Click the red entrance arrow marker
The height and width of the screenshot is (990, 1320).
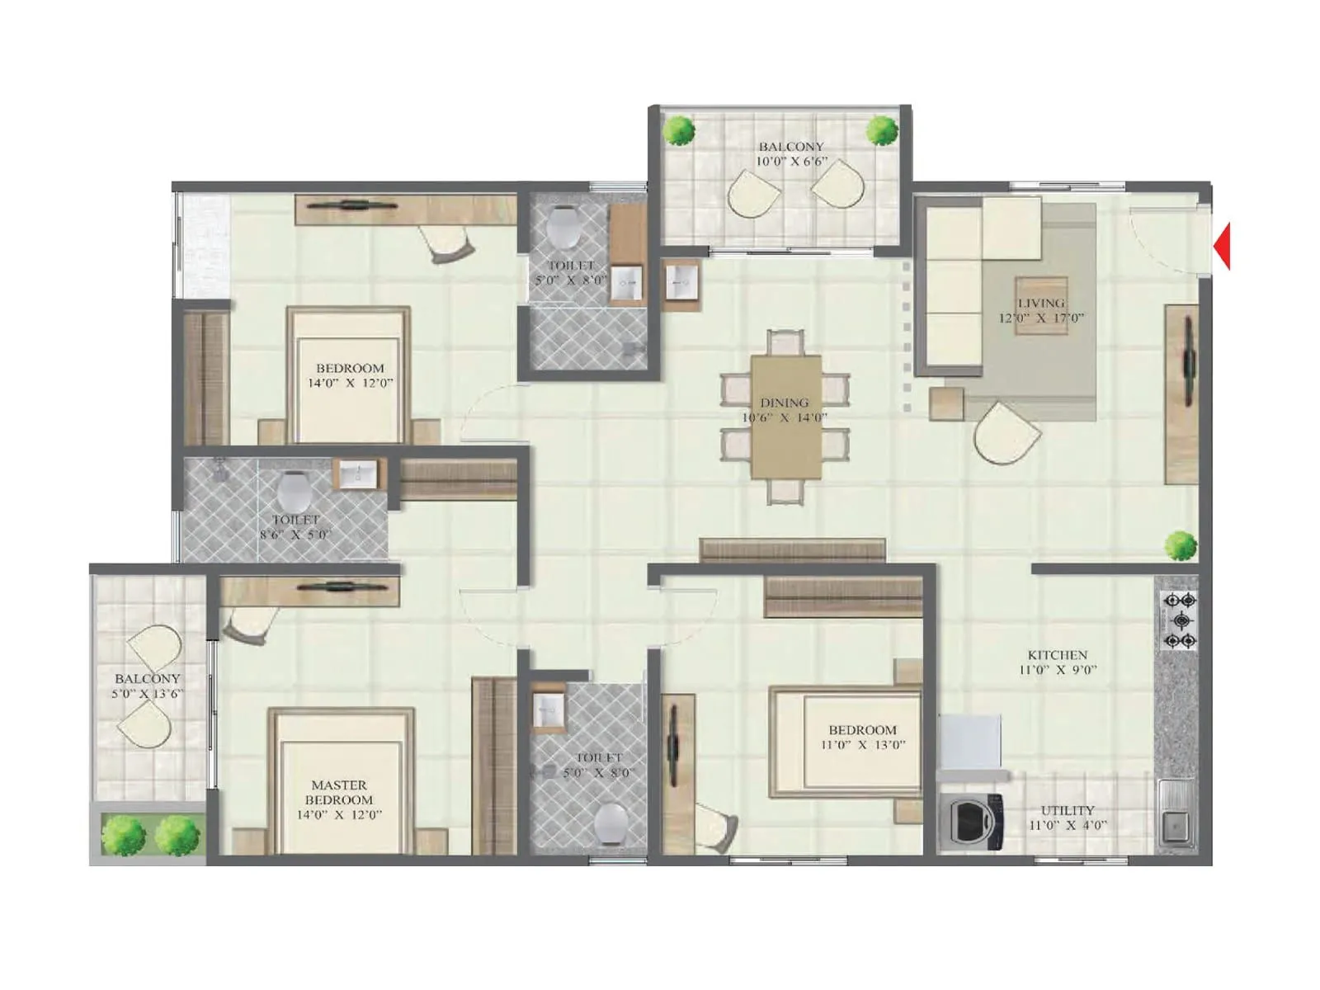[x=1223, y=246]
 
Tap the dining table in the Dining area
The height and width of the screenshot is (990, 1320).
[x=785, y=416]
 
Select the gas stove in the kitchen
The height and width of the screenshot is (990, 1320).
[x=1179, y=620]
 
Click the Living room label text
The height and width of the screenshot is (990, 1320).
[x=1040, y=303]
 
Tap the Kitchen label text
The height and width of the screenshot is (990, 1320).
[x=1057, y=655]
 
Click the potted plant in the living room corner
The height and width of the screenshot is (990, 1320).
[x=1181, y=545]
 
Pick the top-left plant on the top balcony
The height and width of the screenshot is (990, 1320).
[x=680, y=130]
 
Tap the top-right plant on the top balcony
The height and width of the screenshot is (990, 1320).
[x=882, y=130]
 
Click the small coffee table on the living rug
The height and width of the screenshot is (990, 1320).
[x=1041, y=305]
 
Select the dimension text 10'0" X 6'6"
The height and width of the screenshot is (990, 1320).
[x=791, y=162]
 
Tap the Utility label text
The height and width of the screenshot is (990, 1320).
[x=1067, y=810]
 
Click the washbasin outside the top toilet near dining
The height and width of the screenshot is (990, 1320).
[x=681, y=283]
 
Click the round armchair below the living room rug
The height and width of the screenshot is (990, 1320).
[x=1006, y=432]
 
